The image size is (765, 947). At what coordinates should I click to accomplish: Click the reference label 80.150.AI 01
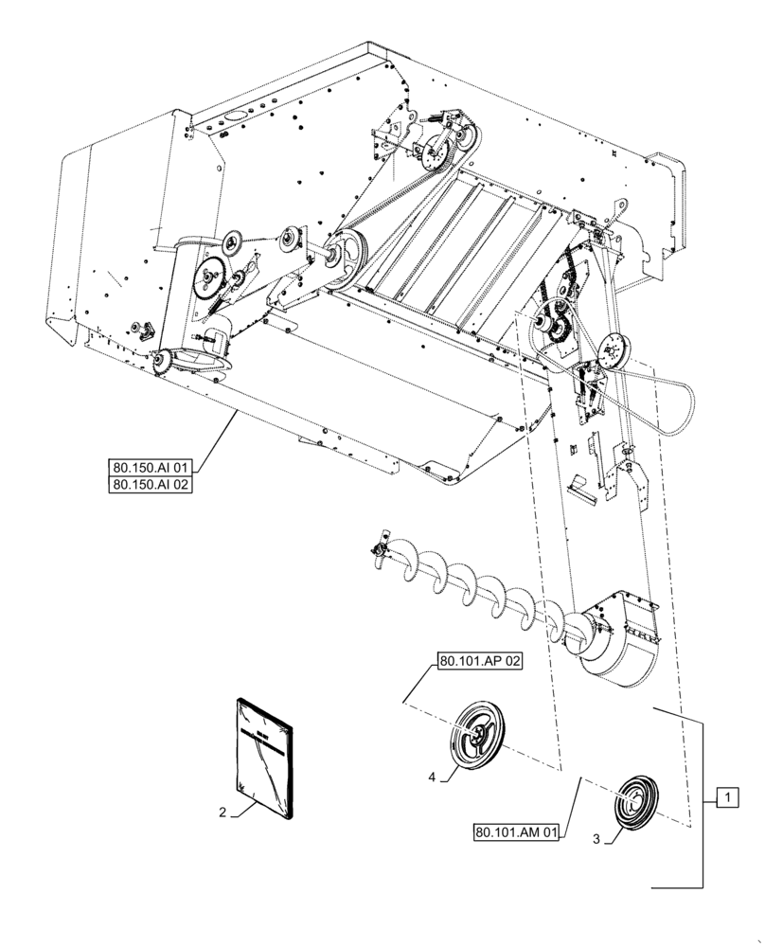[x=151, y=466]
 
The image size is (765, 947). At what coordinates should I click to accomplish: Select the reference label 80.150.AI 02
[x=151, y=485]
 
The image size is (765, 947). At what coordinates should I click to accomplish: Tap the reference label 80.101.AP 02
[x=481, y=662]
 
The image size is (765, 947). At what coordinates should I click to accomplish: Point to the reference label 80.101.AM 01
[x=517, y=833]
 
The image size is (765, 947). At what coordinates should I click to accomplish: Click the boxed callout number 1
[x=726, y=798]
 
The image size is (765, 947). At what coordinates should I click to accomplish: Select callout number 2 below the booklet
[x=222, y=812]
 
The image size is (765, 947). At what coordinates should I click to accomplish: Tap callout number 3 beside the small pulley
[x=597, y=837]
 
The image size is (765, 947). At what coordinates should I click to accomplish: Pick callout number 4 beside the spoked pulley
[x=432, y=777]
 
